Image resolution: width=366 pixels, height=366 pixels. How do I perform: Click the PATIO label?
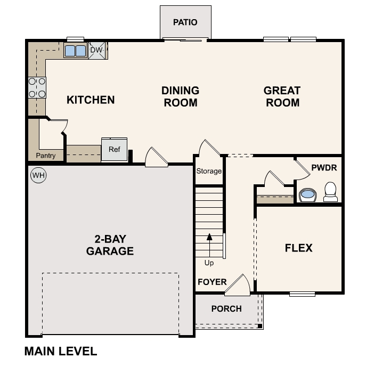pos(185,22)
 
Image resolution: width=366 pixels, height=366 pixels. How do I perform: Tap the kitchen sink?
pos(75,51)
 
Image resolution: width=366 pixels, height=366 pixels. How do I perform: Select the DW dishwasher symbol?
pos(96,50)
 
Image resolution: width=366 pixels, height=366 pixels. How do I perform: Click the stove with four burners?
pos(37,88)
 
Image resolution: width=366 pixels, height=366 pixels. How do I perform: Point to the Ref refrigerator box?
pos(115,150)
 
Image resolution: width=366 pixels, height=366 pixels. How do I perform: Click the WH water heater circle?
pos(38,175)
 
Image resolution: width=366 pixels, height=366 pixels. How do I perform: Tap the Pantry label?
pos(46,156)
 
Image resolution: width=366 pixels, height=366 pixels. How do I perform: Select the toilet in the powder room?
pos(330,192)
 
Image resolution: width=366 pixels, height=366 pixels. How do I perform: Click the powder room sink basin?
pos(307,195)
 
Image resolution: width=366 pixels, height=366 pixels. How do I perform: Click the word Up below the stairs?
pos(209,263)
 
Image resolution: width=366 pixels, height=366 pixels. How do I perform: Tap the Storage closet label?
pos(209,171)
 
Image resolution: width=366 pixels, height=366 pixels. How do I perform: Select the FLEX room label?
pos(298,248)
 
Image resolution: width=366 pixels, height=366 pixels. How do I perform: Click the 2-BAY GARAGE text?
pos(110,245)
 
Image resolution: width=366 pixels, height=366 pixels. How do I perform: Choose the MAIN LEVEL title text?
pos(61,352)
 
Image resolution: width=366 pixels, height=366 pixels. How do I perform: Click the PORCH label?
pos(226,308)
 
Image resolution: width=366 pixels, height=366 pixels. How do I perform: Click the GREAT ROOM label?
pos(282,96)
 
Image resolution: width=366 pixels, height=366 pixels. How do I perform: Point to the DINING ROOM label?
pos(180,96)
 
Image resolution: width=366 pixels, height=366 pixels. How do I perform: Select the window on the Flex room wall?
pos(302,294)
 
